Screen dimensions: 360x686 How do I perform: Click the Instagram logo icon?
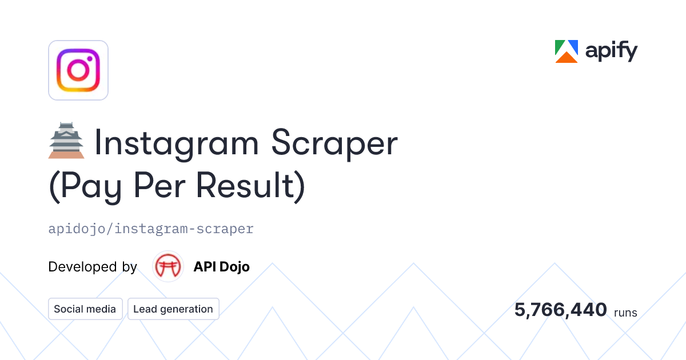[x=78, y=70]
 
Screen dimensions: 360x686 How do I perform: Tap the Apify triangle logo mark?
[x=567, y=51]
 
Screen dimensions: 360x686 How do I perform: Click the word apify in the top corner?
[x=611, y=52]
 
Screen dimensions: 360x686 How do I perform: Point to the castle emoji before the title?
[x=66, y=141]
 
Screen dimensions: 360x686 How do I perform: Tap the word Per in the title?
[x=163, y=187]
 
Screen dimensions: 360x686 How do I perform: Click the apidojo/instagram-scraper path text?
[x=151, y=229]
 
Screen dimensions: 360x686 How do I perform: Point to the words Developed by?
[x=93, y=267]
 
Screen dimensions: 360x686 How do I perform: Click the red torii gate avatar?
[x=168, y=267]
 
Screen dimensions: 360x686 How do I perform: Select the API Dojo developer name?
[x=221, y=267]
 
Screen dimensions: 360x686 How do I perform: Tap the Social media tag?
[x=85, y=309]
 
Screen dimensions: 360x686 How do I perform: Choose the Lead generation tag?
[x=173, y=309]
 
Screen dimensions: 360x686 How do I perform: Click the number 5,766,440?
[x=560, y=310]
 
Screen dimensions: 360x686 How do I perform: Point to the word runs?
[x=625, y=313]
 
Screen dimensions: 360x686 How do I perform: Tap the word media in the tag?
[x=101, y=309]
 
